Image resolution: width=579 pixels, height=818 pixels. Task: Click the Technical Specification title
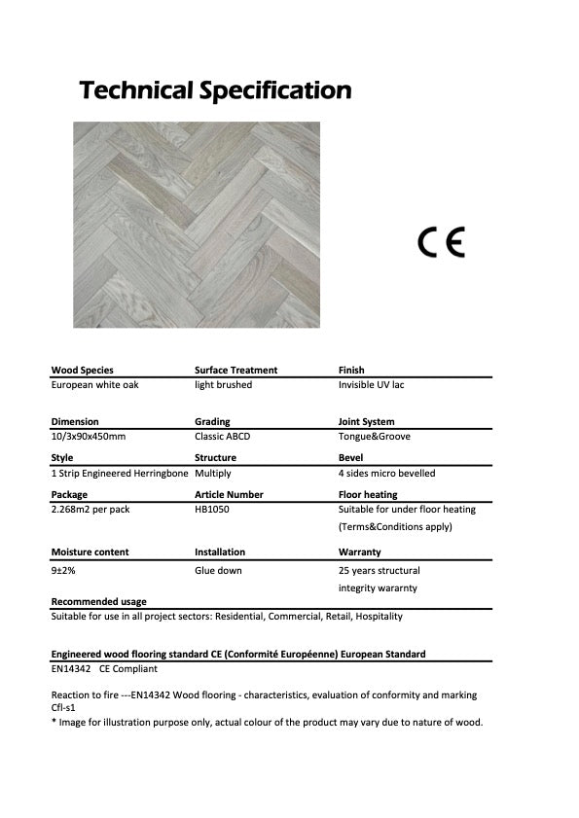pos(215,91)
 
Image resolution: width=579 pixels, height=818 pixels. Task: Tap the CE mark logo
pos(442,240)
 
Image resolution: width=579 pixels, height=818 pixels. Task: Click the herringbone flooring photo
pos(197,224)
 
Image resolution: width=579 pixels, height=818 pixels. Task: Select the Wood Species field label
pos(82,371)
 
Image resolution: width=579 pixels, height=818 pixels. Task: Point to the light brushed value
pos(223,385)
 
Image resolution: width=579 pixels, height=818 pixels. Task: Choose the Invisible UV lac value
pos(371,385)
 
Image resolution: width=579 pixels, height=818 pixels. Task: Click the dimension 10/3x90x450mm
pos(88,437)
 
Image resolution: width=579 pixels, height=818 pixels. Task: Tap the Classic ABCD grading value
pos(222,437)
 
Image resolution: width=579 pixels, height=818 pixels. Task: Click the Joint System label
pos(366,422)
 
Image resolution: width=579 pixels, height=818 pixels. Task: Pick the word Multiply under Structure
pos(213,474)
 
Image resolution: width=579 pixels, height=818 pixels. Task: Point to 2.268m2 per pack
pos(90,510)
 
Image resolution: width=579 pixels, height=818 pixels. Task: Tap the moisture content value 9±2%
pos(64,571)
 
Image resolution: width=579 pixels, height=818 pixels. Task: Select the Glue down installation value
pos(218,571)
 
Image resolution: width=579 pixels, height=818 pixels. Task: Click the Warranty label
pos(358,552)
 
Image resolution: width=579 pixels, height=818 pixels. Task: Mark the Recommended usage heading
pos(98,602)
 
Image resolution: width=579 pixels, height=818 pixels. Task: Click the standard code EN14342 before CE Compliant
pos(70,669)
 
